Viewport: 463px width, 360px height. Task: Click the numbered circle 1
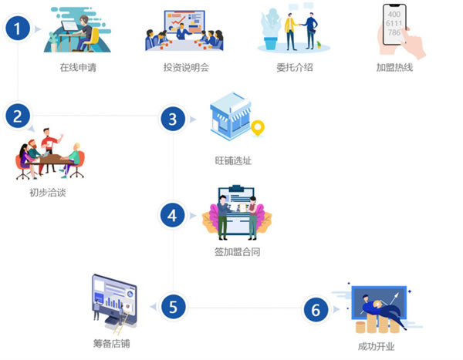pyautogui.click(x=18, y=29)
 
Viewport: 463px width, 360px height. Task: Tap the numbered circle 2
pyautogui.click(x=18, y=116)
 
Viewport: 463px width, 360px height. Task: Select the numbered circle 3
pyautogui.click(x=173, y=119)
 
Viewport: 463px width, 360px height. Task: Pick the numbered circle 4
pyautogui.click(x=172, y=215)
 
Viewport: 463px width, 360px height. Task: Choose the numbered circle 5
pyautogui.click(x=173, y=307)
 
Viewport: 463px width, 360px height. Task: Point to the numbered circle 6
pyautogui.click(x=316, y=310)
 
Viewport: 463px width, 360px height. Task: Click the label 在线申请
pyautogui.click(x=78, y=68)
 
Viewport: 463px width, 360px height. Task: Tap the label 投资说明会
pyautogui.click(x=186, y=68)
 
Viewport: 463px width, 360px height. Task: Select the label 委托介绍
pyautogui.click(x=295, y=68)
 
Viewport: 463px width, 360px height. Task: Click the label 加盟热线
pyautogui.click(x=394, y=68)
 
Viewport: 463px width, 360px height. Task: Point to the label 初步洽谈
pyautogui.click(x=48, y=193)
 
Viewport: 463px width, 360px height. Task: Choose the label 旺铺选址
pyautogui.click(x=233, y=160)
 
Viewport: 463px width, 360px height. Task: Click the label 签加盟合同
pyautogui.click(x=237, y=252)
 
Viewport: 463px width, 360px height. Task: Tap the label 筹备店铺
pyautogui.click(x=112, y=343)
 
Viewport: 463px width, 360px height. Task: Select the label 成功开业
pyautogui.click(x=377, y=346)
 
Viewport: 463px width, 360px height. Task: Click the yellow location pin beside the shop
pyautogui.click(x=258, y=128)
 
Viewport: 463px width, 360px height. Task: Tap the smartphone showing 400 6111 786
pyautogui.click(x=394, y=25)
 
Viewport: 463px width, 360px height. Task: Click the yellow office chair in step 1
pyautogui.click(x=93, y=39)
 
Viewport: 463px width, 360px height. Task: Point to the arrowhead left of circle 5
pyautogui.click(x=154, y=307)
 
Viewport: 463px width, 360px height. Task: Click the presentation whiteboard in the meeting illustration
pyautogui.click(x=185, y=22)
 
